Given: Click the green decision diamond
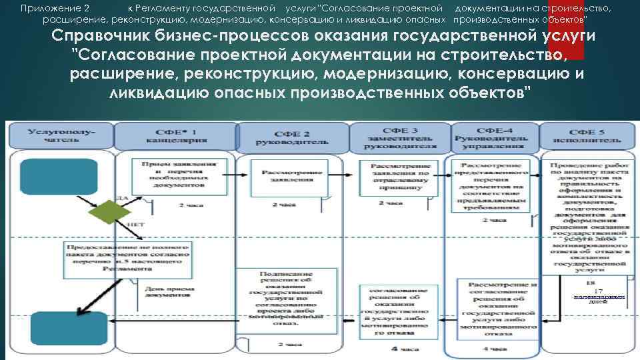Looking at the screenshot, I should coord(111,213).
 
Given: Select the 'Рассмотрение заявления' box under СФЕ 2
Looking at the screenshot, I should coord(287,176).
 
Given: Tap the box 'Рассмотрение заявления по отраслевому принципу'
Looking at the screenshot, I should coord(395,177).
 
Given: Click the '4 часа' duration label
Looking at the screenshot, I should coord(405,348).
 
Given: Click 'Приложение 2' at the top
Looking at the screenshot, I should coord(55,9).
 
